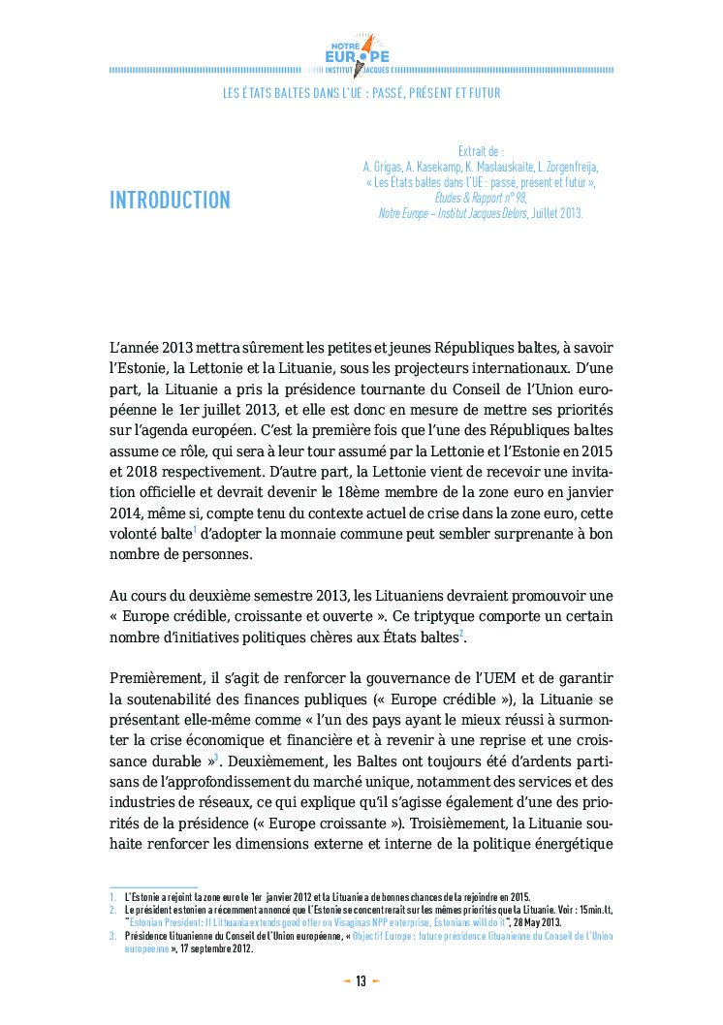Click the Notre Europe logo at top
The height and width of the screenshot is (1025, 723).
point(360,53)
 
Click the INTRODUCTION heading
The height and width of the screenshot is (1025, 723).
point(170,201)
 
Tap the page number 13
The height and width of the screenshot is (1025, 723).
point(361,981)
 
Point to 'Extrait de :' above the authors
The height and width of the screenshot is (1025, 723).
point(481,151)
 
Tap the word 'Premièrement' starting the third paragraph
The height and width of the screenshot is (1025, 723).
point(153,680)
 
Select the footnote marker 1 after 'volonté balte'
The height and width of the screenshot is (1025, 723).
point(195,531)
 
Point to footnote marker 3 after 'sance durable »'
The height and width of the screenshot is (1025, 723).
point(216,758)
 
